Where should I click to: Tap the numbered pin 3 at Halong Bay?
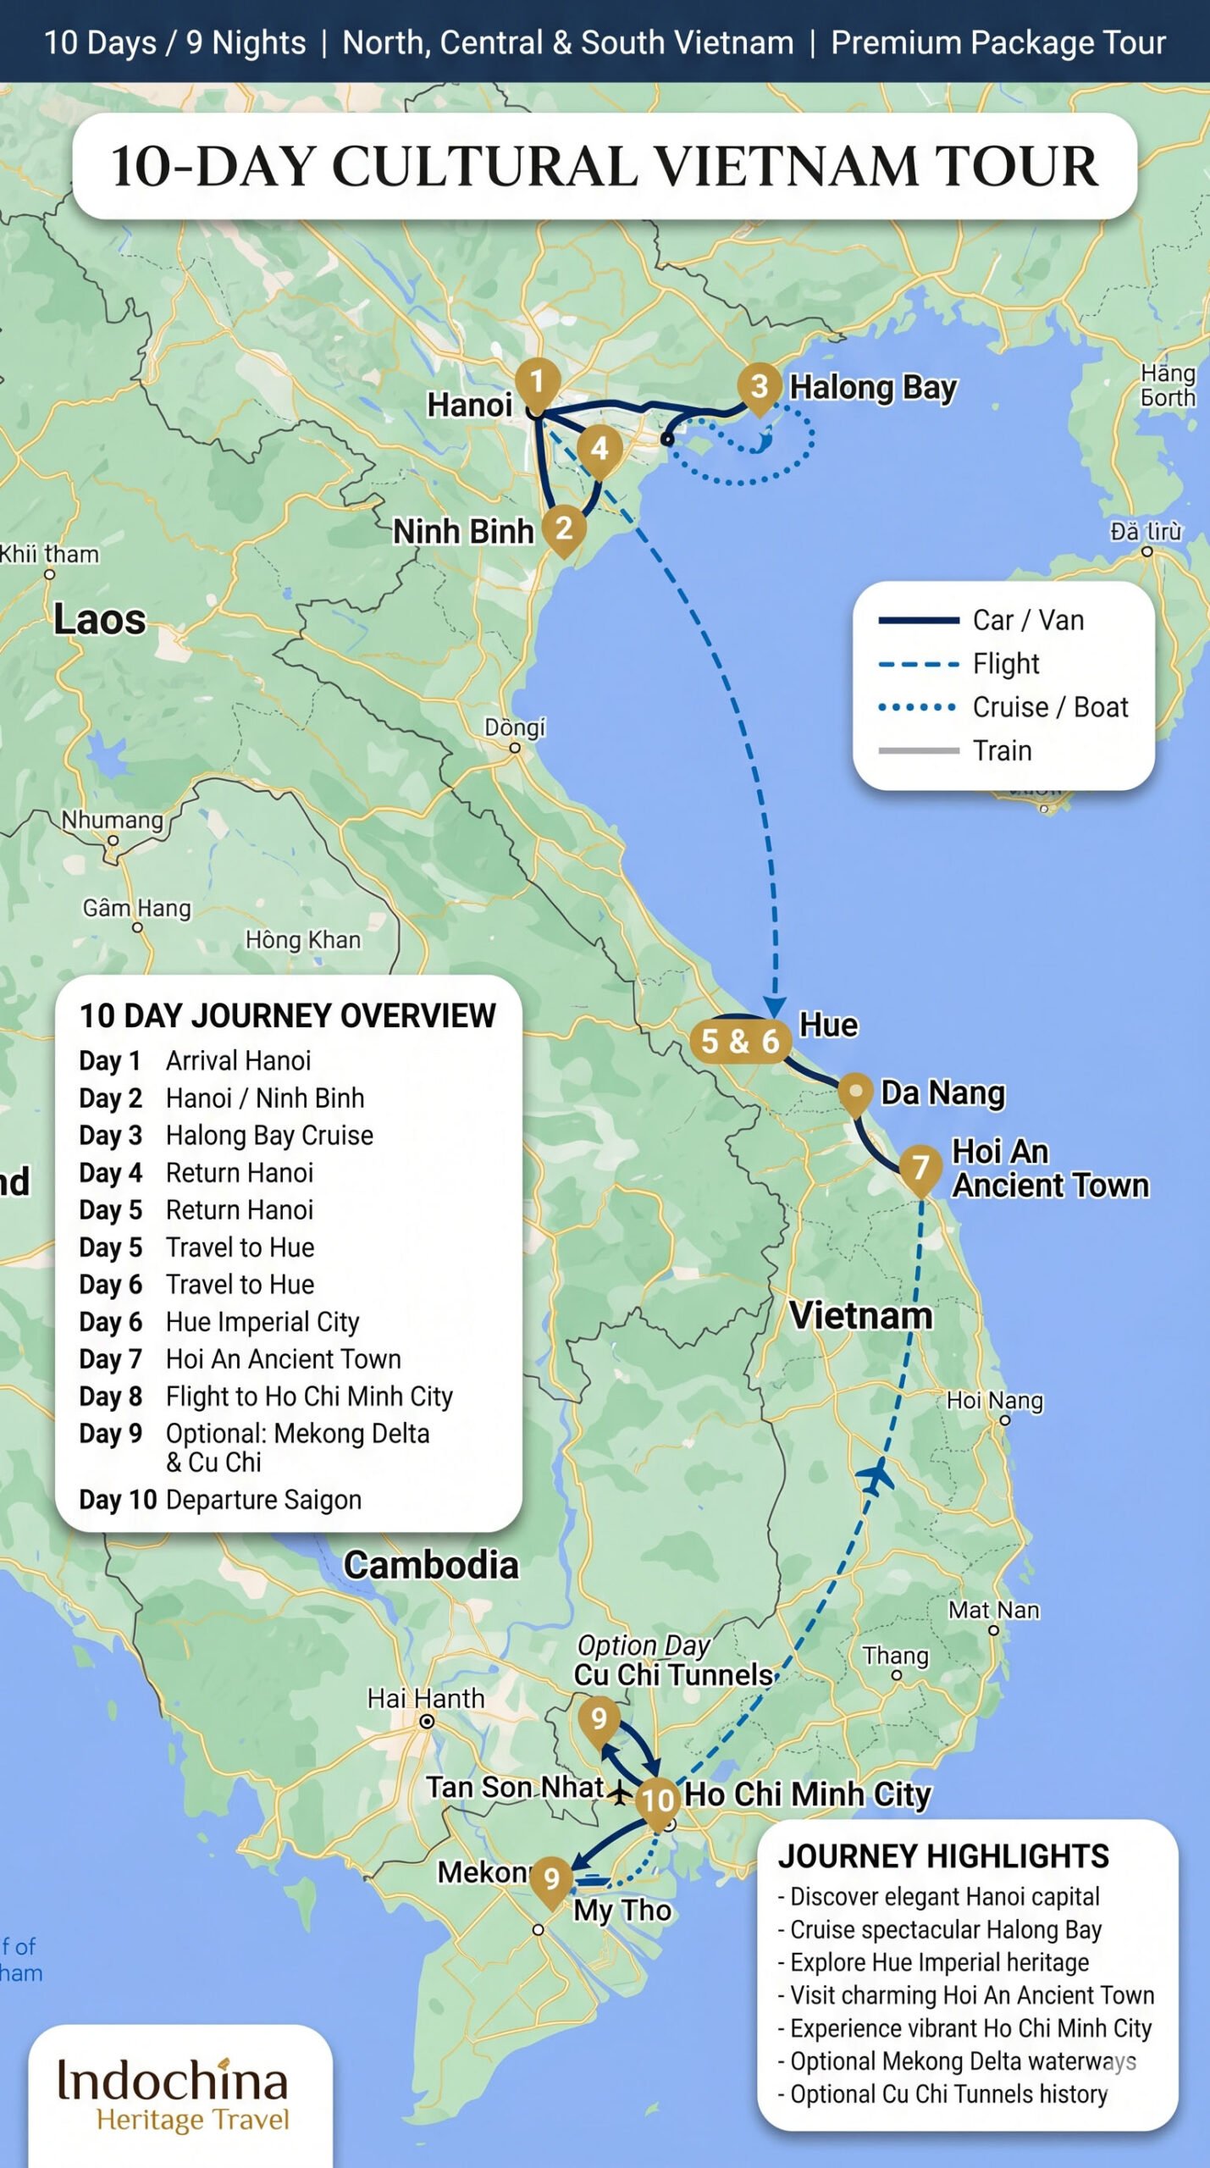pyautogui.click(x=759, y=386)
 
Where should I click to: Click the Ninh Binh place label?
pyautogui.click(x=463, y=532)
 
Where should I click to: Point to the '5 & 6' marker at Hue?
pyautogui.click(x=740, y=1041)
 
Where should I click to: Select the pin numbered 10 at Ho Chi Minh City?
pyautogui.click(x=658, y=1799)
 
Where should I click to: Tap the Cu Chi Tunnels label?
pyautogui.click(x=673, y=1674)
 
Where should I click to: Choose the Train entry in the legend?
pyautogui.click(x=1002, y=750)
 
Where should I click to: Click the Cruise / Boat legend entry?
pyautogui.click(x=1049, y=707)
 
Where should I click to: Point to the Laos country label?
pyautogui.click(x=100, y=619)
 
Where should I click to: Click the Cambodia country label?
pyautogui.click(x=430, y=1565)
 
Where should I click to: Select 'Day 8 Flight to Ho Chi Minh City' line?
pyautogui.click(x=266, y=1396)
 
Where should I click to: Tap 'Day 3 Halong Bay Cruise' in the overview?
pyautogui.click(x=226, y=1136)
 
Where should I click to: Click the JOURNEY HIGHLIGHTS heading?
pyautogui.click(x=943, y=1856)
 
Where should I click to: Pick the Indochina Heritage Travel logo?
pyautogui.click(x=174, y=2093)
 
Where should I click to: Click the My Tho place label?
pyautogui.click(x=622, y=1911)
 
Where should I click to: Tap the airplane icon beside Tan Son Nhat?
pyautogui.click(x=620, y=1792)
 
